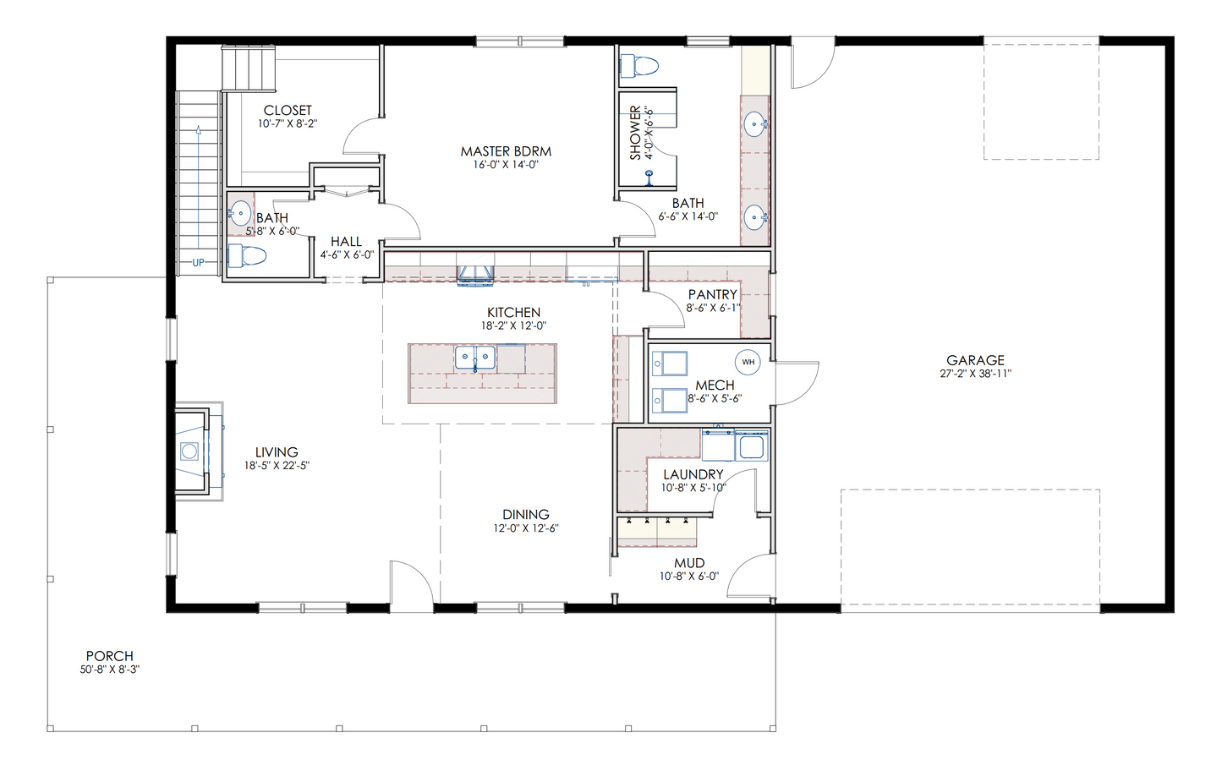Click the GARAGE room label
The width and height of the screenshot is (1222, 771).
(975, 360)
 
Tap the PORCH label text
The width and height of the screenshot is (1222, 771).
(110, 656)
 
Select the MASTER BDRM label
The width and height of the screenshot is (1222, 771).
(506, 151)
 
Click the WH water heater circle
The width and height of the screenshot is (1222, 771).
(748, 363)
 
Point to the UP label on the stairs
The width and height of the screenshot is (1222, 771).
(198, 263)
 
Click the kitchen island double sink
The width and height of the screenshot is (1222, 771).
(475, 358)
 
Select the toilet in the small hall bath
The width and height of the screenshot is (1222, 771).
(247, 255)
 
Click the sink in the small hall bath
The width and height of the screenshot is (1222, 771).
(240, 213)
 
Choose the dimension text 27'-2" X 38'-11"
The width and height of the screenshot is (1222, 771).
(975, 374)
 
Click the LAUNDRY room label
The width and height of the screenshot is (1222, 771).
(693, 475)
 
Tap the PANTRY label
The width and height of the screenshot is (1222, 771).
(712, 295)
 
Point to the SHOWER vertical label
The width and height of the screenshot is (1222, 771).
(635, 133)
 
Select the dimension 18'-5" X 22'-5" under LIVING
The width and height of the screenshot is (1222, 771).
(277, 466)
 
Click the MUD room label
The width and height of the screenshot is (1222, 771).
(689, 563)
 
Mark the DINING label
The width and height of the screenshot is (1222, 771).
(525, 515)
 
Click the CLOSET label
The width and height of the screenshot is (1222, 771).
(288, 111)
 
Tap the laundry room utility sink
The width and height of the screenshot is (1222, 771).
(750, 446)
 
